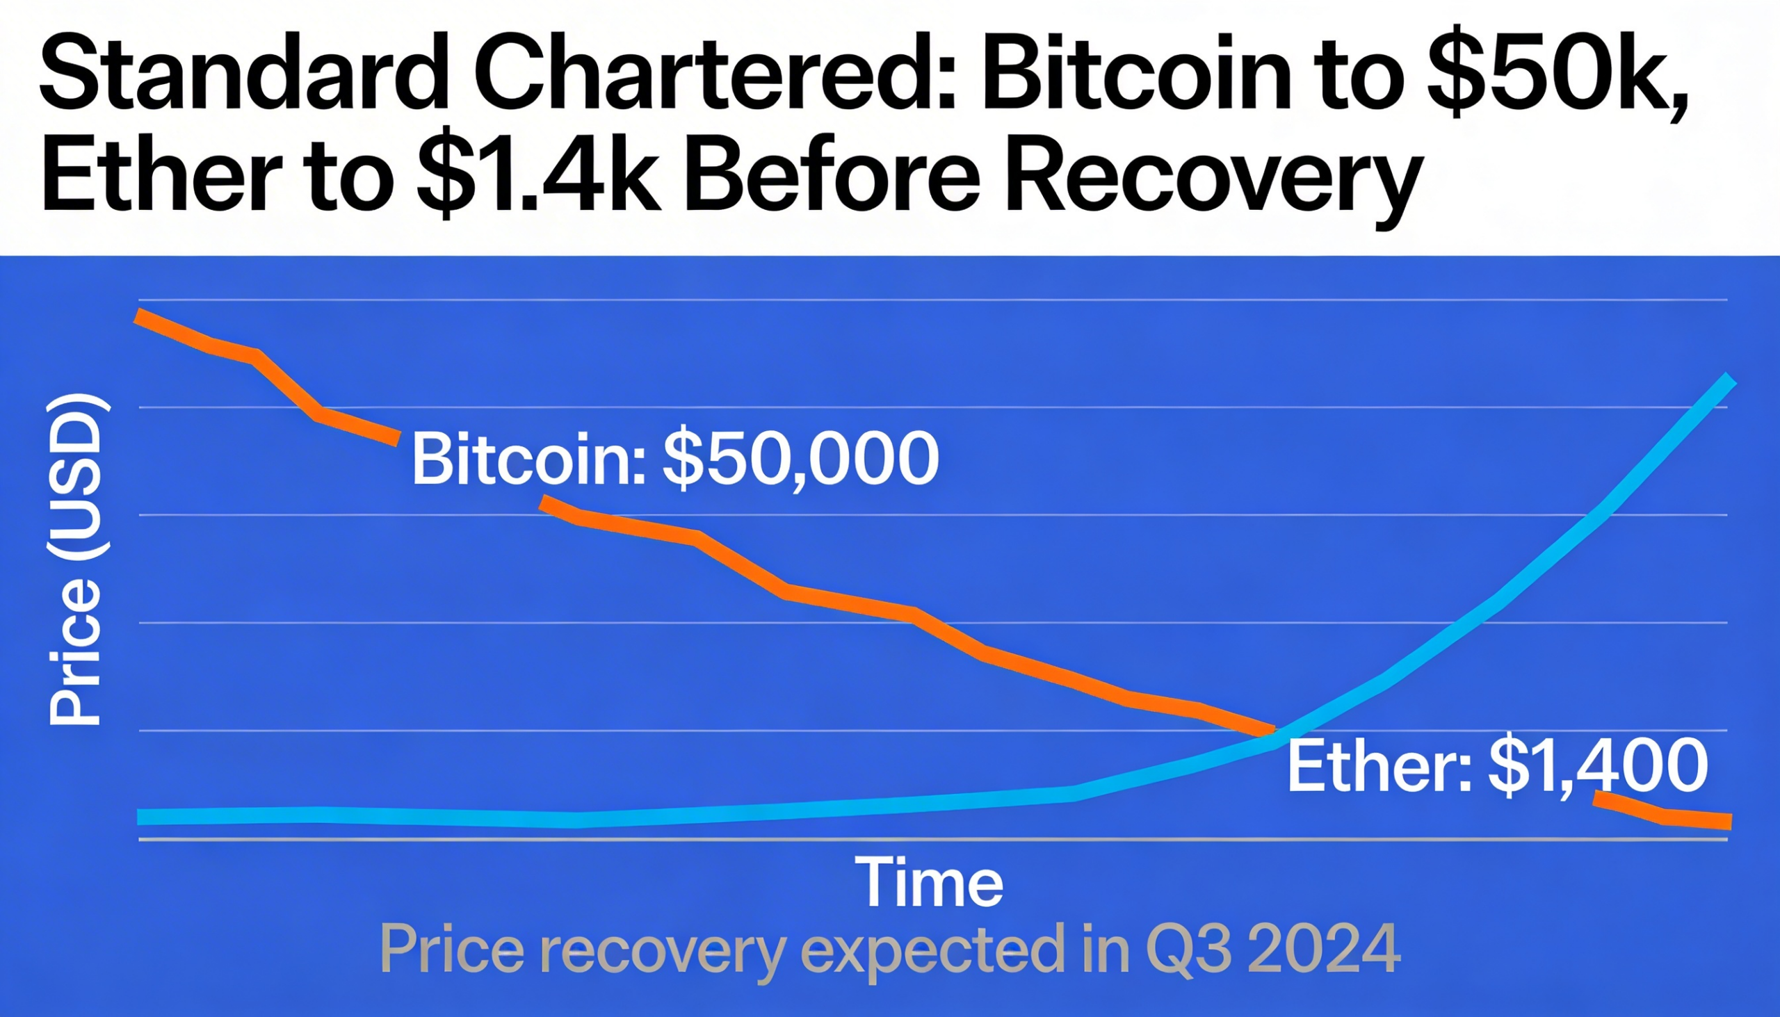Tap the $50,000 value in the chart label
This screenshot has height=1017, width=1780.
point(800,459)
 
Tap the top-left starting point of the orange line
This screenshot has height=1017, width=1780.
point(140,316)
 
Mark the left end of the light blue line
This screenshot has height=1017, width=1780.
point(141,817)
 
